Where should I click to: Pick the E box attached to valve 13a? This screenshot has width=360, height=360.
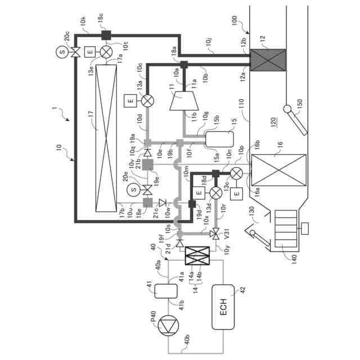click(129, 101)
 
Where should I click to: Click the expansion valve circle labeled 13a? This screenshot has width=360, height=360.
click(147, 101)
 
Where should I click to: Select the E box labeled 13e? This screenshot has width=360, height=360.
click(89, 52)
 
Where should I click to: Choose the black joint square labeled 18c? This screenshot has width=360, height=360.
click(105, 35)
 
